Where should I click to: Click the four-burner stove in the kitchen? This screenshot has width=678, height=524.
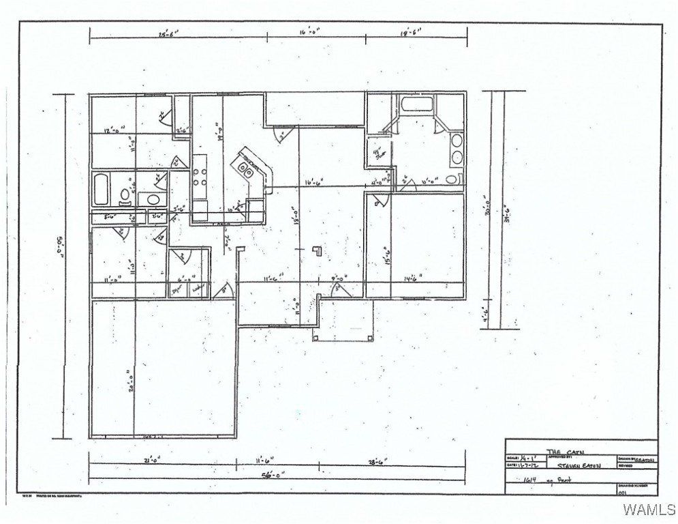[x=200, y=173]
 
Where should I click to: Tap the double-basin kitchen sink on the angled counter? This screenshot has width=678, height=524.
[x=246, y=168]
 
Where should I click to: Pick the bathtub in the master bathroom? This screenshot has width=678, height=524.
[x=416, y=106]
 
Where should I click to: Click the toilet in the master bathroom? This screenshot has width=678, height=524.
[x=451, y=179]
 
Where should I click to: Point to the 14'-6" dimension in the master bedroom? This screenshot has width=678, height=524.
[x=410, y=277]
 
